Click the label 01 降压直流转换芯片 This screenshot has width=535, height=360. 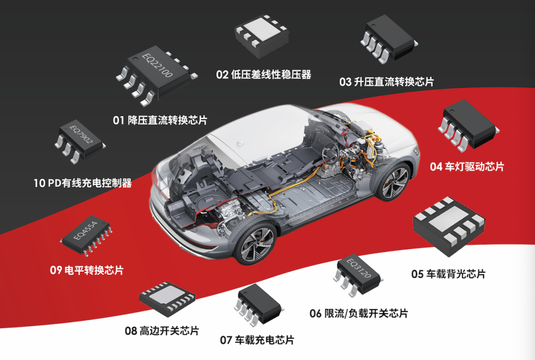click(160, 120)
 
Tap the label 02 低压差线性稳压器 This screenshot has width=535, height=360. click(264, 74)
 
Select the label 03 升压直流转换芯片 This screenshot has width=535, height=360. click(386, 82)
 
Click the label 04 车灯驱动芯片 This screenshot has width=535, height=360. click(467, 166)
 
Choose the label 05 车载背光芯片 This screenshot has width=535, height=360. click(448, 274)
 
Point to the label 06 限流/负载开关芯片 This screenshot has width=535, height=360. click(359, 313)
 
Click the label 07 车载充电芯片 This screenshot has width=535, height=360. click(257, 340)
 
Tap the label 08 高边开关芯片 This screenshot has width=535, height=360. click(161, 331)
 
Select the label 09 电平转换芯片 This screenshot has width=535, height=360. click(87, 270)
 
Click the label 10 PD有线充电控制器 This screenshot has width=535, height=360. click(83, 183)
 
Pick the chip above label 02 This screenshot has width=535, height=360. click(262, 36)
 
